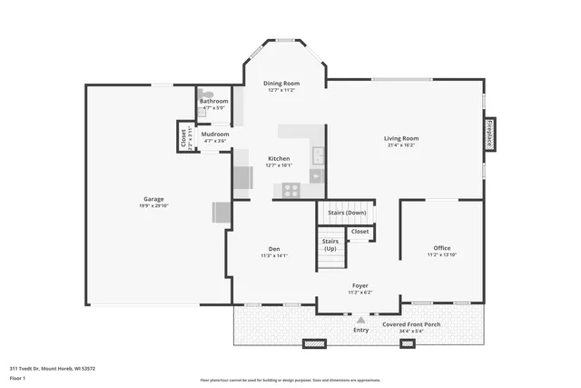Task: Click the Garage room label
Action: pos(153,199)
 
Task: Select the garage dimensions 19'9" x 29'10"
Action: pos(153,206)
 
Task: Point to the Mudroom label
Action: pos(215,134)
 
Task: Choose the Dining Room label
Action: pos(281,83)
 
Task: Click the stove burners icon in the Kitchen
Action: pos(291,190)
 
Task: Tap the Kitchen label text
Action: pos(279,158)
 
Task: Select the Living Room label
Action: pos(401,138)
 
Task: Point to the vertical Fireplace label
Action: pos(489,133)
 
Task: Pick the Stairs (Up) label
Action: pos(330,244)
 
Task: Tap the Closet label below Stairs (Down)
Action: pos(360,232)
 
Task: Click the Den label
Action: pos(273,249)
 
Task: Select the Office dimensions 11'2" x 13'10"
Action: pos(441,255)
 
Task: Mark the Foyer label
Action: pos(360,285)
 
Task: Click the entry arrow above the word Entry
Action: pos(361,320)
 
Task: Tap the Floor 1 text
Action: pos(18,378)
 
